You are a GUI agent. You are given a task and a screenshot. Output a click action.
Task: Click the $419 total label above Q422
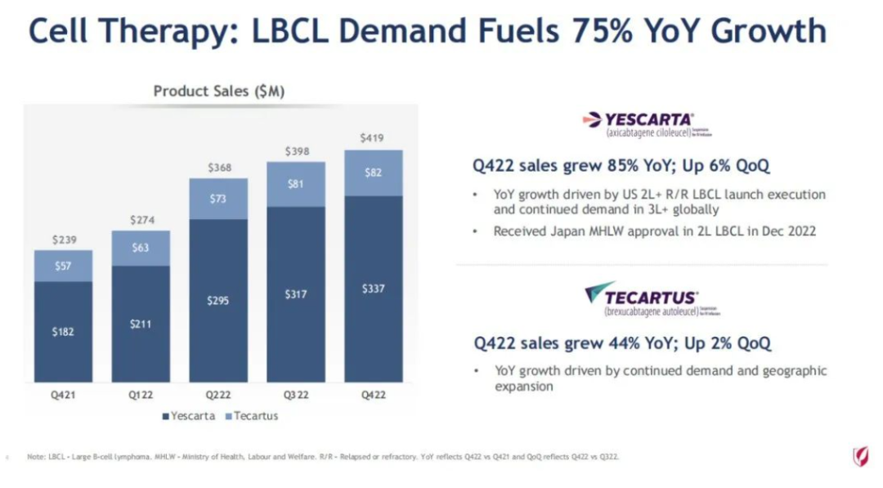click(x=373, y=138)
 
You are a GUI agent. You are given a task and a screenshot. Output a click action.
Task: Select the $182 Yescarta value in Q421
click(x=63, y=332)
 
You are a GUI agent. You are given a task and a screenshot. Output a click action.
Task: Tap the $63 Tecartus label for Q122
click(x=141, y=248)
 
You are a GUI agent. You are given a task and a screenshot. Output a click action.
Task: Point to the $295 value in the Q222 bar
click(x=218, y=300)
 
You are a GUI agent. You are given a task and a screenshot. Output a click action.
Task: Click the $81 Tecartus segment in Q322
click(x=296, y=184)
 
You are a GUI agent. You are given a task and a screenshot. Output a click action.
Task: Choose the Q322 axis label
click(x=296, y=395)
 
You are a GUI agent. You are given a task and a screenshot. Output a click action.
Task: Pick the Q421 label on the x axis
click(x=63, y=395)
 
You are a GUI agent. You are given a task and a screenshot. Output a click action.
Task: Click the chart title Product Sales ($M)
click(x=219, y=92)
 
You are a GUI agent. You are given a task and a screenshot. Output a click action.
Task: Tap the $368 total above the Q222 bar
click(x=218, y=168)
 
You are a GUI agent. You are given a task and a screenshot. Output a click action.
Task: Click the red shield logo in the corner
click(x=859, y=456)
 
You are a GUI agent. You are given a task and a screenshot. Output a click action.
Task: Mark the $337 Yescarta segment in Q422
click(x=373, y=289)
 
